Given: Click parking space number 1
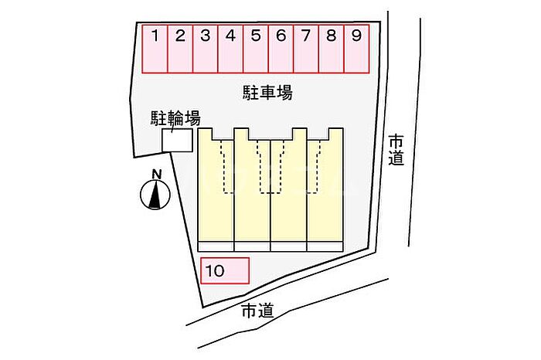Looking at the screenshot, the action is [x=155, y=49].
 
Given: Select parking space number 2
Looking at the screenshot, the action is [x=180, y=49].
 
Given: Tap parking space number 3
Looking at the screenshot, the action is [x=206, y=49].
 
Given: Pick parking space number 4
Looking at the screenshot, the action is [x=230, y=49].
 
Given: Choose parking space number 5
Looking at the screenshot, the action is [x=256, y=49].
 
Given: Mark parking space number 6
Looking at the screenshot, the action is [x=281, y=49].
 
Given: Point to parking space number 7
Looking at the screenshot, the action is [x=306, y=49].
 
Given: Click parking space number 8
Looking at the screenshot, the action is [x=332, y=49].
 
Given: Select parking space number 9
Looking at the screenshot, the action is [x=357, y=49].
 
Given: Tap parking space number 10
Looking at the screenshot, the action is [x=225, y=270].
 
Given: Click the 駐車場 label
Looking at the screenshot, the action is [x=267, y=93].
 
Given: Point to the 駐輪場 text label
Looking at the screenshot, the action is [x=175, y=119].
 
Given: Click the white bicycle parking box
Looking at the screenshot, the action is [x=177, y=140].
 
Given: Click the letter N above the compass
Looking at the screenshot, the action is [x=157, y=174].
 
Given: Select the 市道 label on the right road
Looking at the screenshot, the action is [x=396, y=151].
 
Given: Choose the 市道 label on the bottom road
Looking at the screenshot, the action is [x=257, y=311].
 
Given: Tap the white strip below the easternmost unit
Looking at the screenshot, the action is [x=325, y=246].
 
